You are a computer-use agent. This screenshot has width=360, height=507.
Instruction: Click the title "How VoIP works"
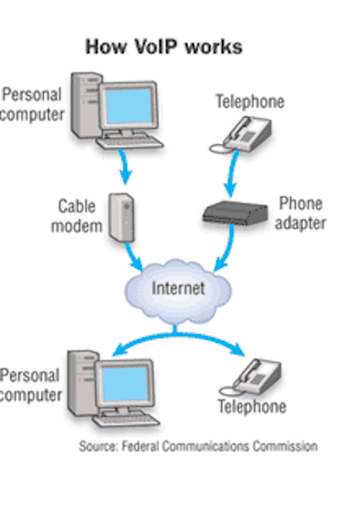tap(164, 47)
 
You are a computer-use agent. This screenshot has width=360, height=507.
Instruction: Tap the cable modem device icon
tap(121, 217)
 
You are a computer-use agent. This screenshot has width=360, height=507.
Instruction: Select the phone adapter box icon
tap(236, 213)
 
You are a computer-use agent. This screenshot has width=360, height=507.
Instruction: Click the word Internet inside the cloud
tap(178, 288)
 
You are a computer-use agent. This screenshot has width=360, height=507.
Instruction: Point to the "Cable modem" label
tap(77, 216)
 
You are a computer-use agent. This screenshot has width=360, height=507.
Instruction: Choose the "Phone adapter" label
tap(301, 213)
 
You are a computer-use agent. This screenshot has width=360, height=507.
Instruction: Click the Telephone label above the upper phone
tap(251, 101)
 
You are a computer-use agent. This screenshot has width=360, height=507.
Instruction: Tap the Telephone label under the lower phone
tap(252, 406)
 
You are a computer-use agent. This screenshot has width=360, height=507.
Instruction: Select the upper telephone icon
tap(241, 135)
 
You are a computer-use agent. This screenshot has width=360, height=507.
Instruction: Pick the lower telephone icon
tap(251, 377)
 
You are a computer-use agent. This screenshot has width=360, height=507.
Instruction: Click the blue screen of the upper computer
tap(128, 106)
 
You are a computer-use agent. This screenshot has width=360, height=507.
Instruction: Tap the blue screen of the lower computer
tap(125, 384)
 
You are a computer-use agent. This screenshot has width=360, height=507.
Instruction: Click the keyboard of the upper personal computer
tap(130, 143)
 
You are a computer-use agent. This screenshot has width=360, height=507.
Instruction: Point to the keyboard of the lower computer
tap(126, 421)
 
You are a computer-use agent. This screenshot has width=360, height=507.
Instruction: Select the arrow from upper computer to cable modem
tap(124, 166)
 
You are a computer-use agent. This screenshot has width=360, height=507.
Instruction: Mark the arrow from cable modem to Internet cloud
tap(133, 256)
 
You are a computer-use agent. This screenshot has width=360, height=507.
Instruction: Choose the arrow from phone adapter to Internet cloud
tap(228, 250)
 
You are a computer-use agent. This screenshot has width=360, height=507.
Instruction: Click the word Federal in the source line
tap(140, 446)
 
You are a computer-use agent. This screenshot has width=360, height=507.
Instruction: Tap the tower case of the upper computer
tap(85, 105)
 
